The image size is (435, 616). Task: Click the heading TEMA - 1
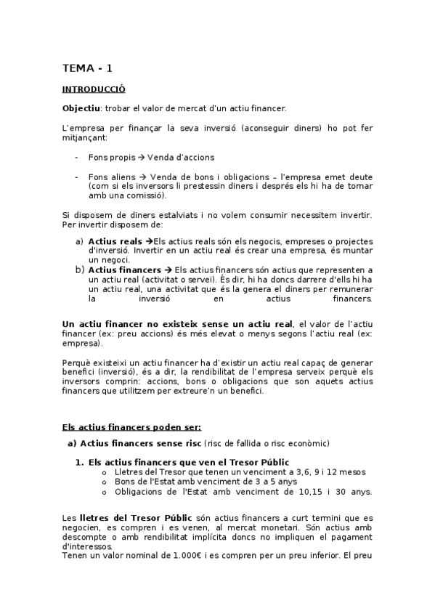tap(87, 68)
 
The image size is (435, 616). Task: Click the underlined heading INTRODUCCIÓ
tap(94, 89)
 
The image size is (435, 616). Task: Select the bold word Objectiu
tap(81, 109)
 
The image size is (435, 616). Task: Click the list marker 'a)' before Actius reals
tap(80, 240)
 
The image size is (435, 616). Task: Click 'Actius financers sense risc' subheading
tap(141, 443)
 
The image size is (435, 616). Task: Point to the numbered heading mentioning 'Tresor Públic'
tap(188, 462)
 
